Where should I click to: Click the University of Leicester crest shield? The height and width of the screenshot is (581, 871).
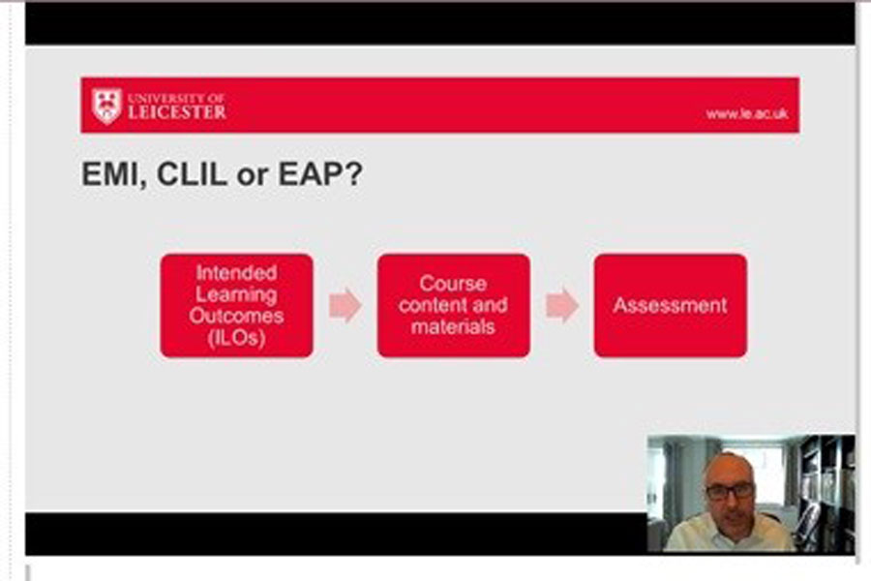tap(106, 106)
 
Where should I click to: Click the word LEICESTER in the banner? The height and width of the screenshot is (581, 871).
tap(177, 111)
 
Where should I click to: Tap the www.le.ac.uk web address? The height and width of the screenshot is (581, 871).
tap(746, 113)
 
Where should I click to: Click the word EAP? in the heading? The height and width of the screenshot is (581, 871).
tap(320, 173)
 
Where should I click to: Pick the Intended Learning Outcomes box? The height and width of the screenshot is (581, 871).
tap(237, 305)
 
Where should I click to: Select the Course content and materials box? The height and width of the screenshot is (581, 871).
tap(453, 305)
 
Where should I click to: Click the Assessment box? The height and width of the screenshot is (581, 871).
tap(671, 305)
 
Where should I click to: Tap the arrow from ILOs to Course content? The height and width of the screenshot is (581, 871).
tap(345, 305)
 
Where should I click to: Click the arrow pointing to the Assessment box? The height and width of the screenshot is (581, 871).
tap(562, 305)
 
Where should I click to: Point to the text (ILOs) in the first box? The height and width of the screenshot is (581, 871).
tap(236, 338)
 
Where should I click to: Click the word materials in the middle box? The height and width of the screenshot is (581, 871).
tap(453, 326)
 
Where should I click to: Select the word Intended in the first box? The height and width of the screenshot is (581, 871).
tap(237, 272)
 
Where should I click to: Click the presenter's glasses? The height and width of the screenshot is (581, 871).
tap(730, 491)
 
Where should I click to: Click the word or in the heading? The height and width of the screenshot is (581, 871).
tap(253, 175)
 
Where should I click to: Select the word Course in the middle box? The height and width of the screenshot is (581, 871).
tap(453, 284)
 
